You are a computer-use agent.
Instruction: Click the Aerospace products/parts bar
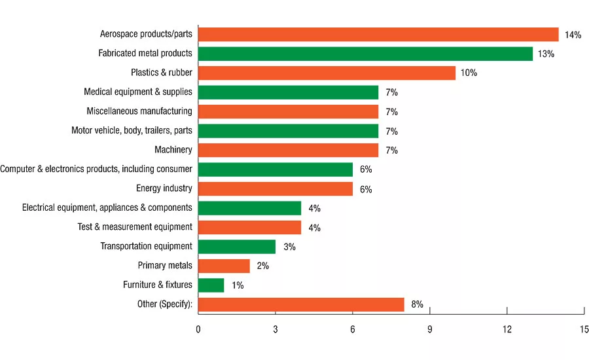(x=378, y=35)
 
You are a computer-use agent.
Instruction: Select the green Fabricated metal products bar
(x=365, y=54)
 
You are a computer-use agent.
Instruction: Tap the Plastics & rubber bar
(x=327, y=73)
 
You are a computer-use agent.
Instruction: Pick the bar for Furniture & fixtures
(x=211, y=285)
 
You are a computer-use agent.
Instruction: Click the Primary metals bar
(x=224, y=266)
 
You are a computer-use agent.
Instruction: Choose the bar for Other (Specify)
(x=301, y=304)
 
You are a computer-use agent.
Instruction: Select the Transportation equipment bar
(x=237, y=247)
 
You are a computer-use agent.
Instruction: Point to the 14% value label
(x=573, y=35)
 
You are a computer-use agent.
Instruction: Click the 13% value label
(x=546, y=54)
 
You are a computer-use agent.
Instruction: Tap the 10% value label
(x=469, y=73)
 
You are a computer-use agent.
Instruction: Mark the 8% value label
(x=417, y=304)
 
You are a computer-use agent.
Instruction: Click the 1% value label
(x=238, y=285)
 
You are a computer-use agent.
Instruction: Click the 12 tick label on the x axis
(x=507, y=329)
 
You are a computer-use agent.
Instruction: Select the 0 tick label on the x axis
(x=198, y=329)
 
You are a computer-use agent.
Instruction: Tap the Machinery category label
(x=173, y=150)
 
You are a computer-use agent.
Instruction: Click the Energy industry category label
(x=164, y=189)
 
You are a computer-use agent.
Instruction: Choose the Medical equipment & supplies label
(x=138, y=92)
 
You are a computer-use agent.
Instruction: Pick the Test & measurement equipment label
(x=135, y=227)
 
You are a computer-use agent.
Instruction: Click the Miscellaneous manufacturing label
(x=139, y=111)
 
